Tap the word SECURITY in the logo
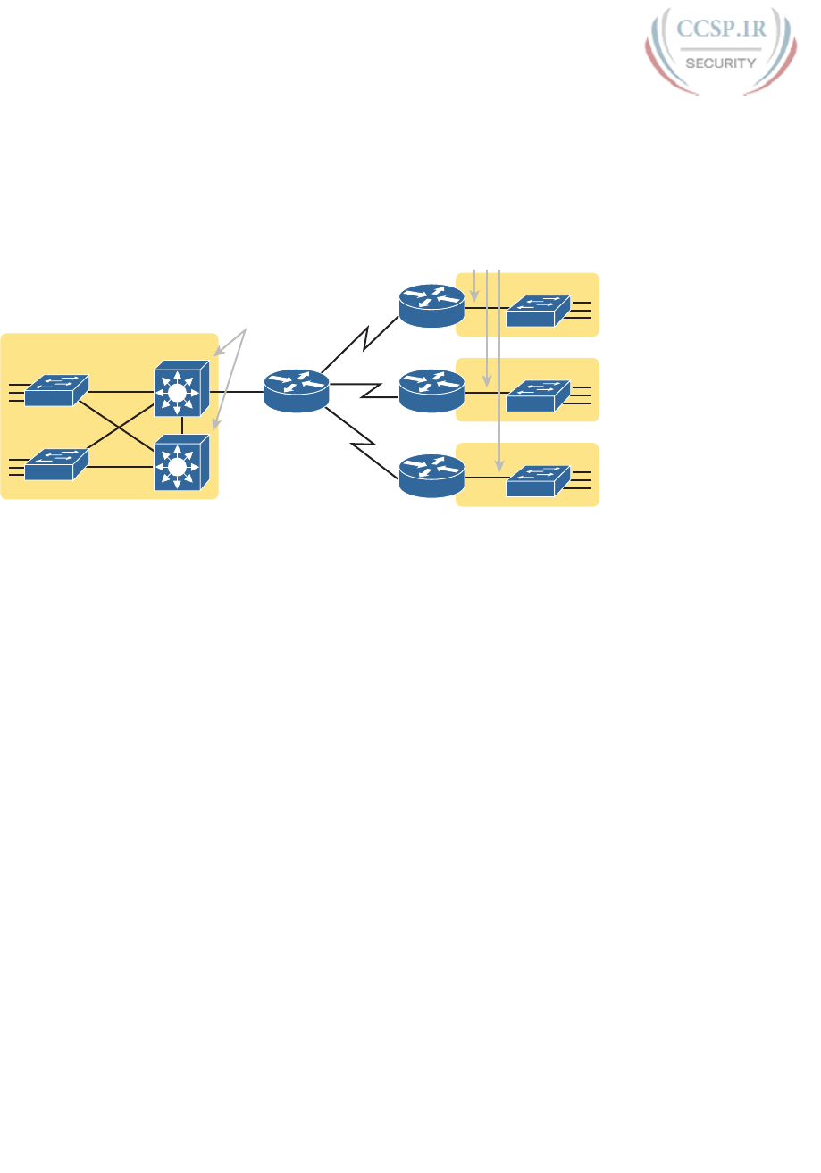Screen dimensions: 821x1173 coord(722,62)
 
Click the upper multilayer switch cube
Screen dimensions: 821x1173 coord(181,388)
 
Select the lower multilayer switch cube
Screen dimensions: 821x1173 coord(181,462)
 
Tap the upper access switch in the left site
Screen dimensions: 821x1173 coord(56,391)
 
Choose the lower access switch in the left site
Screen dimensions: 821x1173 coord(56,465)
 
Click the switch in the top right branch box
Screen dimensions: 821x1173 coord(537,310)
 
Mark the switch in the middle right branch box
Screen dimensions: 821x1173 coord(537,395)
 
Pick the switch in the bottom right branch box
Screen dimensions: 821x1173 coord(537,479)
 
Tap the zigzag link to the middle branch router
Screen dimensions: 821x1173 coord(364,391)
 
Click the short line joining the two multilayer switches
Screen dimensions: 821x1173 coord(182,425)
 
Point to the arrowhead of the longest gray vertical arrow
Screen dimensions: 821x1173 coord(499,468)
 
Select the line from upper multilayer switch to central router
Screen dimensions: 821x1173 coord(237,391)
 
